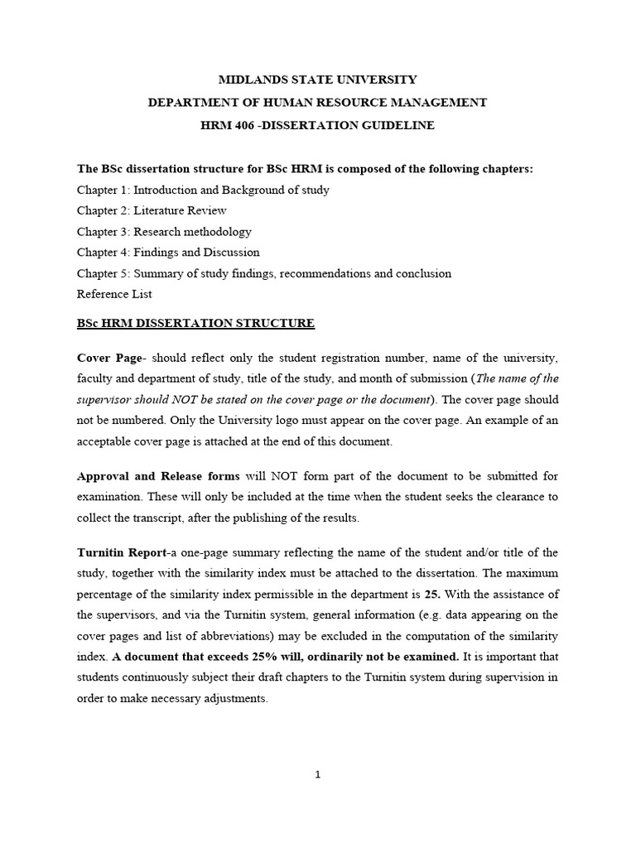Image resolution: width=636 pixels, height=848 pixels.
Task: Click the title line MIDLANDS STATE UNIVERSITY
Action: click(x=317, y=80)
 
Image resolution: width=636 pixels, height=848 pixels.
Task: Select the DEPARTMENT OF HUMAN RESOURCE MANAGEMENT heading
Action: click(x=317, y=103)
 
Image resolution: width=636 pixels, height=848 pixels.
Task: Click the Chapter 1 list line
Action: click(x=203, y=190)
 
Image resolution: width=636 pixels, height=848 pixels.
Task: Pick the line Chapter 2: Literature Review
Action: click(x=152, y=210)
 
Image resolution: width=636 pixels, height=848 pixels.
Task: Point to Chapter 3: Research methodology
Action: click(x=164, y=232)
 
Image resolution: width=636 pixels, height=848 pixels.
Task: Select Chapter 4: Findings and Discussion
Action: click(x=168, y=253)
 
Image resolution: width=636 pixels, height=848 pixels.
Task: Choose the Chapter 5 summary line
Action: click(x=264, y=273)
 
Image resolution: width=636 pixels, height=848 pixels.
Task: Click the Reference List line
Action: click(x=114, y=294)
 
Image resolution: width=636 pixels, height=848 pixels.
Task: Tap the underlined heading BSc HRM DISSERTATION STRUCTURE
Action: click(x=195, y=324)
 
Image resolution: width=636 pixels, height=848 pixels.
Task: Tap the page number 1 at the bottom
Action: click(x=318, y=775)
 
